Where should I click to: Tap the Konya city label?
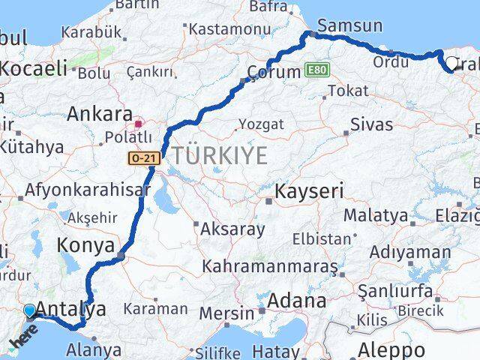(85, 246)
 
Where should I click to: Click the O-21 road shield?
(142, 158)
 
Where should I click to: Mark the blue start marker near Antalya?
(29, 310)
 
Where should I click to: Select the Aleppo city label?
(393, 349)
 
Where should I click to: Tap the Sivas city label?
(373, 123)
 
